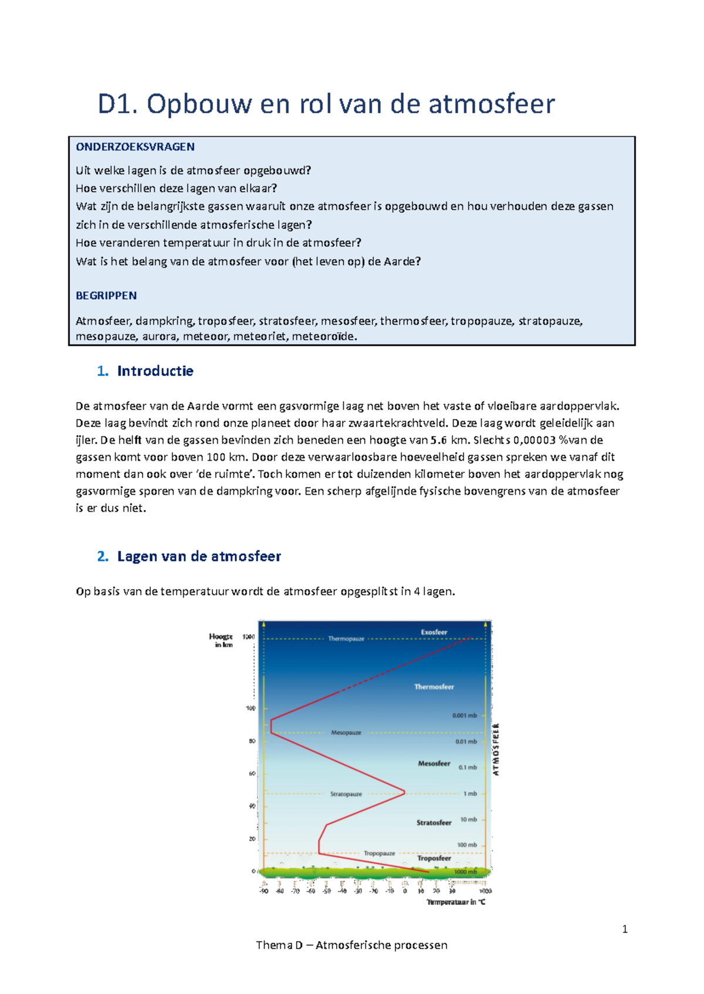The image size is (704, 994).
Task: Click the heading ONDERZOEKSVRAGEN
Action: click(135, 147)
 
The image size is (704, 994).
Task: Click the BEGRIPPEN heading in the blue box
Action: click(106, 296)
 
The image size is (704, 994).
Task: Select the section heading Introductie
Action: click(155, 371)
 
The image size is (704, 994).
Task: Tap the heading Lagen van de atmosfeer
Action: click(199, 556)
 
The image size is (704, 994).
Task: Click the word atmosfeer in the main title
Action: click(492, 104)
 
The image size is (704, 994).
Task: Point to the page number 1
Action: click(625, 929)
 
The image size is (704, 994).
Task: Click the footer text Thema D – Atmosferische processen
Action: click(351, 945)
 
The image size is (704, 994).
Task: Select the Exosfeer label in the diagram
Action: click(434, 632)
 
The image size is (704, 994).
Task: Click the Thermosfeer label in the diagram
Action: click(434, 687)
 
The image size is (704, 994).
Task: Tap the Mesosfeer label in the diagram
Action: click(434, 764)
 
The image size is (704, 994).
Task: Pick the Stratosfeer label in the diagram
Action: click(434, 823)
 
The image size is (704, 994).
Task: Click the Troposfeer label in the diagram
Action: click(434, 858)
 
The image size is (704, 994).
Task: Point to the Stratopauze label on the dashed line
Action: click(346, 794)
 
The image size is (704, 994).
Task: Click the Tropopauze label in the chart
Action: click(379, 853)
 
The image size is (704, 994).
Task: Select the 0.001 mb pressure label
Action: click(464, 716)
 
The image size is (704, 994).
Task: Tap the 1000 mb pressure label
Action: click(465, 872)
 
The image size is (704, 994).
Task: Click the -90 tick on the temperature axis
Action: click(263, 891)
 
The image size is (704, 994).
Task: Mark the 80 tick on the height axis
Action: click(252, 741)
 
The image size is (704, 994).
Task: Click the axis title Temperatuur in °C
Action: click(456, 903)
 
